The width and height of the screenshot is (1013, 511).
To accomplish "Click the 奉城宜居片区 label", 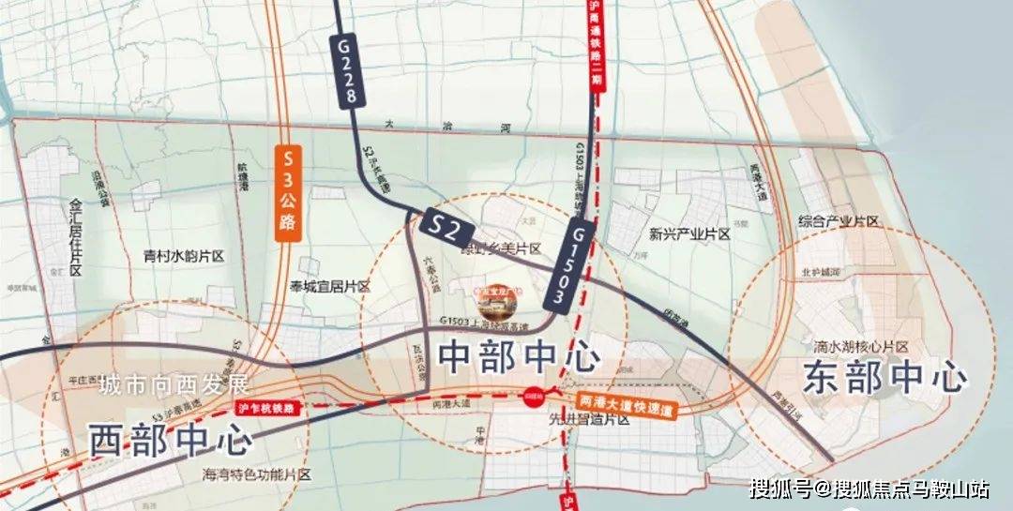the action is click(330, 287).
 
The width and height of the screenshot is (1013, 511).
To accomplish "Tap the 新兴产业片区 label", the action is click(688, 234).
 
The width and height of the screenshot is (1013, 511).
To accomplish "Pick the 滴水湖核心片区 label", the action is click(861, 347).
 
